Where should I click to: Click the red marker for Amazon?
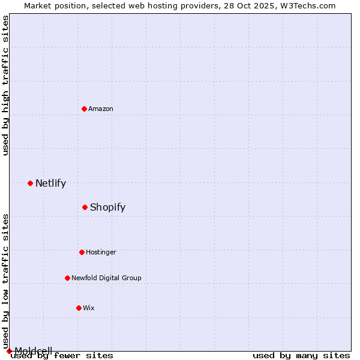(x=84, y=109)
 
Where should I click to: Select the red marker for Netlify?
(x=30, y=183)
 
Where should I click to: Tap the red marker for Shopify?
(x=85, y=207)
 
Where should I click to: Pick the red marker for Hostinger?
(x=82, y=252)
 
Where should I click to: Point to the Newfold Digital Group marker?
(x=67, y=278)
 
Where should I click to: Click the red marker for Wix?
(x=79, y=308)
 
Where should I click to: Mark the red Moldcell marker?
(x=9, y=351)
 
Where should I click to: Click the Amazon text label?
(x=101, y=109)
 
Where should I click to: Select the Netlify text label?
(x=50, y=183)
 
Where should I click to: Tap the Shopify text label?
(x=107, y=207)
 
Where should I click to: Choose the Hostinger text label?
(x=101, y=252)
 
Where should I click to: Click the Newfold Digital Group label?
(x=106, y=278)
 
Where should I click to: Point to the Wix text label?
(x=89, y=308)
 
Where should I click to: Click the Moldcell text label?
(x=33, y=350)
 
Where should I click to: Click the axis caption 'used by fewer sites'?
(x=62, y=355)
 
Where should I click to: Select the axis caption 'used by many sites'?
(x=301, y=355)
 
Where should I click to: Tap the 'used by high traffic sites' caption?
(x=5, y=85)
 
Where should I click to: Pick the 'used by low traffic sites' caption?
(x=5, y=281)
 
